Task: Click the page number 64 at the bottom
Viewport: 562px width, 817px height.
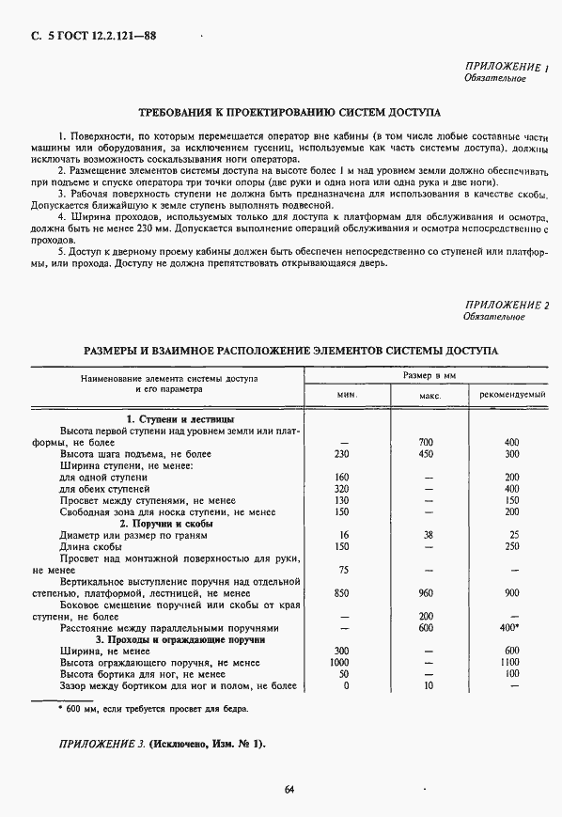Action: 289,789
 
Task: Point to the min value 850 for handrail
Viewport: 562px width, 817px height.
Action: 342,593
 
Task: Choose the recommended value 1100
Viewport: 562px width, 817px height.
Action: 512,662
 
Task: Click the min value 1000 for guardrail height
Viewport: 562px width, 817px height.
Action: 341,662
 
